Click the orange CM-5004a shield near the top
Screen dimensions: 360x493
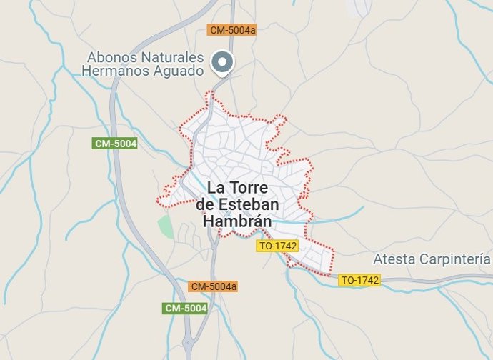click(x=232, y=30)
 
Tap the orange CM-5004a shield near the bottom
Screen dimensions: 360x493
click(x=213, y=286)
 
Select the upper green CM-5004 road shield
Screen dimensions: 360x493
click(x=115, y=144)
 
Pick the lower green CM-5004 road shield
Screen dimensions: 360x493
click(x=185, y=309)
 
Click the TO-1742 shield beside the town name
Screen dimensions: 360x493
click(x=277, y=246)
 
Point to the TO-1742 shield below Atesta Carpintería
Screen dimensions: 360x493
click(x=359, y=281)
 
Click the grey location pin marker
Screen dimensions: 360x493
click(x=224, y=63)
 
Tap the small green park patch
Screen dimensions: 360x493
click(x=166, y=227)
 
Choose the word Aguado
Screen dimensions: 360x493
click(x=178, y=71)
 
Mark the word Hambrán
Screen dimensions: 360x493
click(x=238, y=221)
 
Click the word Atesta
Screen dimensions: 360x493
click(x=394, y=259)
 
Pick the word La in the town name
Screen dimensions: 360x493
click(x=216, y=189)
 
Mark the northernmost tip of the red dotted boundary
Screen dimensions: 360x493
click(x=211, y=92)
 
